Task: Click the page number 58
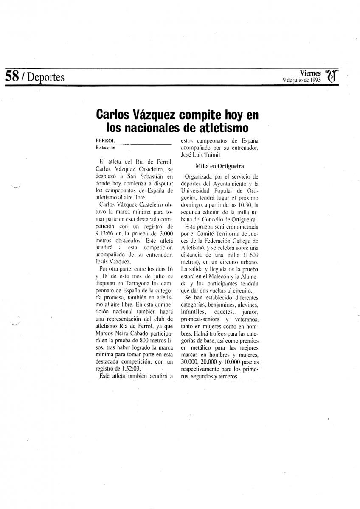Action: click(x=11, y=77)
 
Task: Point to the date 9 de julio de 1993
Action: click(x=301, y=80)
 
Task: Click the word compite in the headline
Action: click(x=201, y=115)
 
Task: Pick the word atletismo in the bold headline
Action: click(x=220, y=127)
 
